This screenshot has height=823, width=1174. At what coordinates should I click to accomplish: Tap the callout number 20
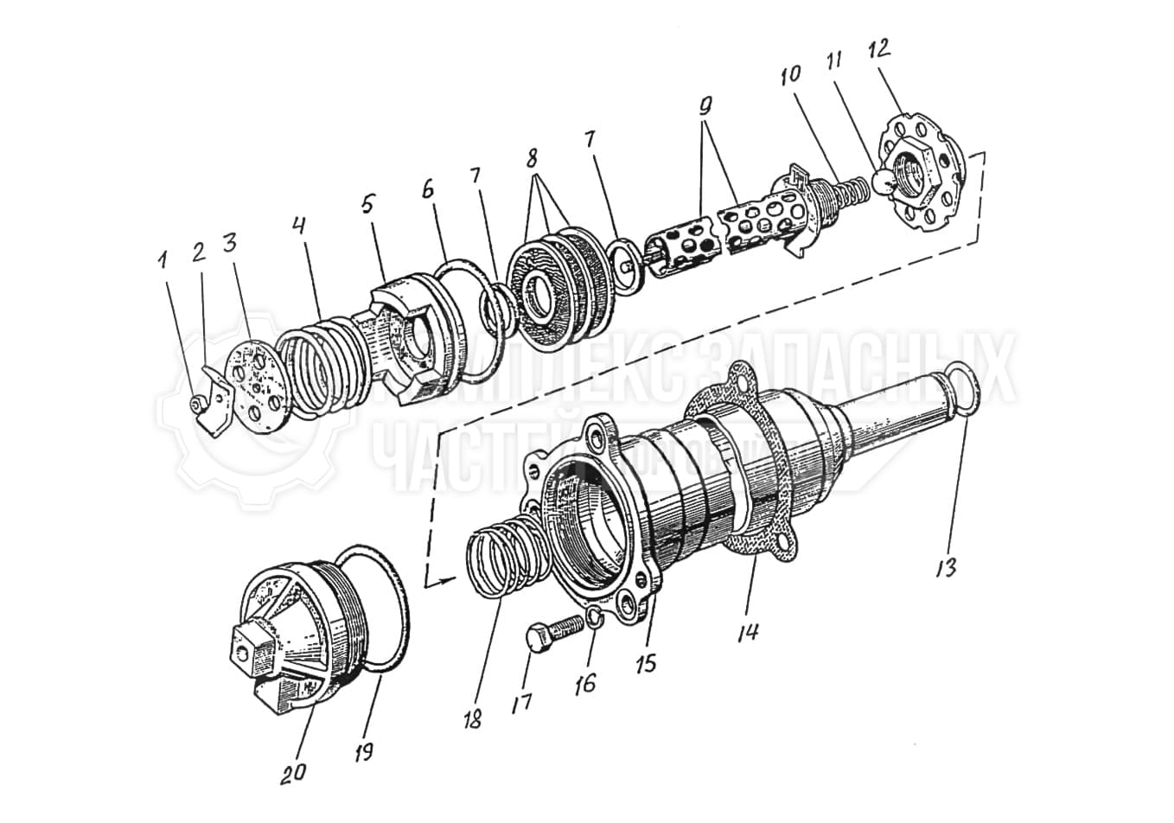coord(293,771)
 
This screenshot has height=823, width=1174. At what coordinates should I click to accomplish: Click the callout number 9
coord(705,107)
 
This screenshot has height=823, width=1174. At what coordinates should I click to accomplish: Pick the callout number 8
coord(531,158)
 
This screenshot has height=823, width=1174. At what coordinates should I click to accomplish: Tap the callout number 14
coord(748,631)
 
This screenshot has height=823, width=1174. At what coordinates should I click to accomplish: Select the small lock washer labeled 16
coord(593,616)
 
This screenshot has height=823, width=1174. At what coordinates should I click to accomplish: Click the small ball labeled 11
coord(883,181)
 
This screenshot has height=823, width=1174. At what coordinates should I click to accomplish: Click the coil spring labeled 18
coord(504,554)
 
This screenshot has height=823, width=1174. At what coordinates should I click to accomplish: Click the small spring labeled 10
coord(852,191)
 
